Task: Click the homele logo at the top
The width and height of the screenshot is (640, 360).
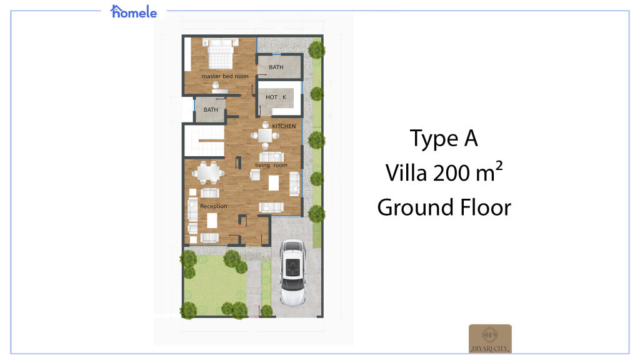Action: click(134, 11)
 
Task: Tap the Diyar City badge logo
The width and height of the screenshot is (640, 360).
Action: click(490, 338)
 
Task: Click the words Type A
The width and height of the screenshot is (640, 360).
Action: click(444, 139)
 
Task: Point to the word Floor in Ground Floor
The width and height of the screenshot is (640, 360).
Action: click(481, 207)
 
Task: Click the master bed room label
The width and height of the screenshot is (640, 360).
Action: click(224, 76)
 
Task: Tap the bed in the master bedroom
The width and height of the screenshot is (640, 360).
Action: click(220, 54)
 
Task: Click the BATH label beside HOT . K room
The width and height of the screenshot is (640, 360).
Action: click(276, 67)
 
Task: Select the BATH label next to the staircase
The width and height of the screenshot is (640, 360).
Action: click(211, 110)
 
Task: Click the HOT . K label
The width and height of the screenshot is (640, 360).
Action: click(276, 97)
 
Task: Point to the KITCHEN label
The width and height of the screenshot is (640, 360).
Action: click(284, 126)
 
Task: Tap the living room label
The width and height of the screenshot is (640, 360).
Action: click(271, 166)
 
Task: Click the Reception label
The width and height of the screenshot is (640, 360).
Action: click(214, 206)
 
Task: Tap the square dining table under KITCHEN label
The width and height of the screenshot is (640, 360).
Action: click(266, 136)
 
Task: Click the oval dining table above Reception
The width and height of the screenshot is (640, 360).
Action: click(207, 171)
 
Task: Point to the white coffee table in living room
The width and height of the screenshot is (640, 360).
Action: click(274, 182)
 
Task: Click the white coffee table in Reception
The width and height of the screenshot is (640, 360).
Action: click(212, 220)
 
